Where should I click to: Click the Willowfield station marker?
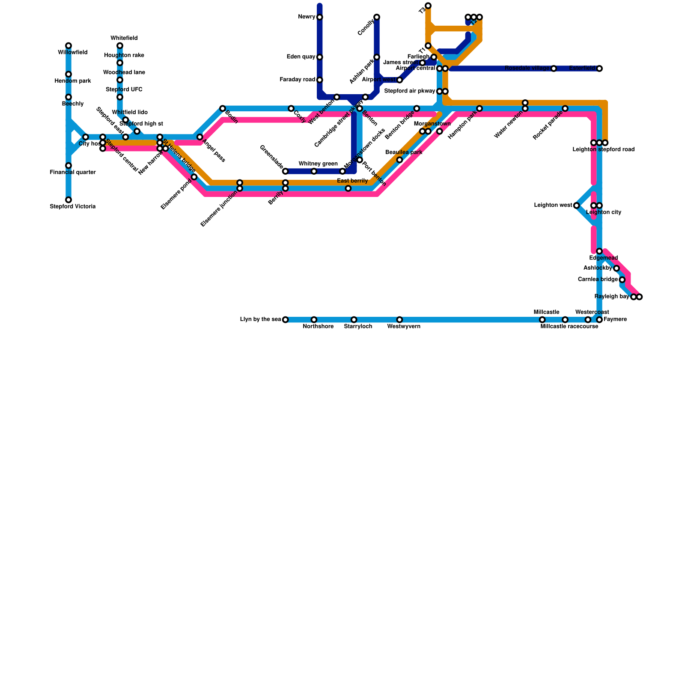click(68, 46)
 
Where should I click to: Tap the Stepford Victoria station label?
click(72, 207)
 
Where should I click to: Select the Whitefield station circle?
click(120, 46)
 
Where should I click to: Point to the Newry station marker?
click(320, 17)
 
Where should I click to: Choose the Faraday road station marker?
click(320, 80)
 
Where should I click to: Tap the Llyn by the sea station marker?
click(286, 320)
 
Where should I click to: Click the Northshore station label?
click(318, 327)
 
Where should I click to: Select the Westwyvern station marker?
click(399, 320)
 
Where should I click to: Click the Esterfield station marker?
click(599, 68)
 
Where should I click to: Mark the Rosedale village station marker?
click(554, 68)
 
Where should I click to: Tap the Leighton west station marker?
click(577, 205)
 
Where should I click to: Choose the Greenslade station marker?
click(286, 171)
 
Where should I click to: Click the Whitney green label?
click(318, 164)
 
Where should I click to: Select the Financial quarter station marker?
click(68, 166)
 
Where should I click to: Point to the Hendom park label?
click(73, 81)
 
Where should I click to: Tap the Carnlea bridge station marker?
click(622, 280)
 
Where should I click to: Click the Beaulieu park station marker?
click(399, 160)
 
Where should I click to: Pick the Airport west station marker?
click(399, 80)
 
